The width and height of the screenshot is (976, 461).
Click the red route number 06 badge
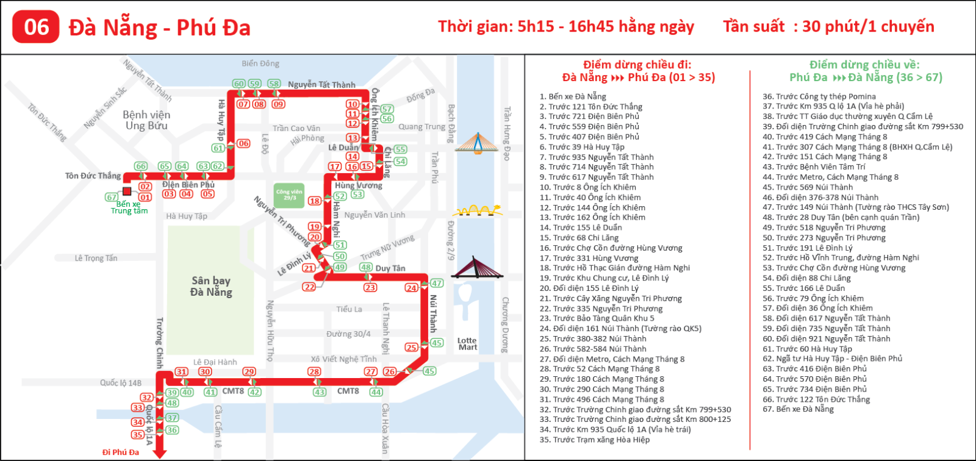click(36, 27)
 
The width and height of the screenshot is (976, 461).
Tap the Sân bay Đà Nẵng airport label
click(211, 286)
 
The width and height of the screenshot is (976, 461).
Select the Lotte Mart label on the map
click(467, 344)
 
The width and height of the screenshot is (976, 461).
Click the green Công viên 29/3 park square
click(289, 195)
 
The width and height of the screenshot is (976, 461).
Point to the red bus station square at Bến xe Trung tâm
click(127, 191)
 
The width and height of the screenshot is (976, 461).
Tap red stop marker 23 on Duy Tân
click(370, 287)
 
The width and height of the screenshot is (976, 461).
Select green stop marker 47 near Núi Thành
click(437, 283)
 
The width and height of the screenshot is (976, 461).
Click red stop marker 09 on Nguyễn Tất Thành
click(278, 104)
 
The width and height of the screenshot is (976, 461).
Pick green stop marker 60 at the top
click(239, 84)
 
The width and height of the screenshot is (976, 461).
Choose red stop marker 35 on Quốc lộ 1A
click(138, 435)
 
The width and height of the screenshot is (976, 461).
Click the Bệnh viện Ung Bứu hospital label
click(146, 120)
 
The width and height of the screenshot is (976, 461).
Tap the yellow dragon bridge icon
click(477, 211)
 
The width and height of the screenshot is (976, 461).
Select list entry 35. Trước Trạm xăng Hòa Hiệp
click(595, 440)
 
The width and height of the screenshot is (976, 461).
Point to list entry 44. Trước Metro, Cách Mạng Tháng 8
click(830, 177)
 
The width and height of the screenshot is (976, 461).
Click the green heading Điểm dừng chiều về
click(864, 65)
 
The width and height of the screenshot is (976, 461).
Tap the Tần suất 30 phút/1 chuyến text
click(828, 26)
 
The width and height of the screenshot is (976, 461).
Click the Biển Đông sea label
click(260, 63)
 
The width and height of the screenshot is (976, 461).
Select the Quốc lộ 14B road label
click(121, 383)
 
